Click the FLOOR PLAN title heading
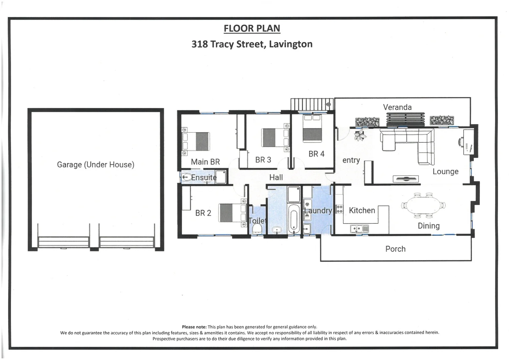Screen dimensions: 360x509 click(252, 29)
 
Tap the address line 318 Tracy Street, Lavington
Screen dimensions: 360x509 click(252, 44)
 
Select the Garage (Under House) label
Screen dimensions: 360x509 click(95, 164)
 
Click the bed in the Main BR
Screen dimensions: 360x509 click(196, 141)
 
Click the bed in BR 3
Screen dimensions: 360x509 click(275, 137)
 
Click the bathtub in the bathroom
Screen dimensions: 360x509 click(293, 218)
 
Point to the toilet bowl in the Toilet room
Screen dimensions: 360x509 click(257, 228)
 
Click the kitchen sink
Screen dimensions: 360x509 click(359, 229)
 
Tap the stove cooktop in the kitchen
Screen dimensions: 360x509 click(339, 209)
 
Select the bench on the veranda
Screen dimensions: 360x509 click(406, 120)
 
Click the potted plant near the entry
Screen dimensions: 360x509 click(360, 135)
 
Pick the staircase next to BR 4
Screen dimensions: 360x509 click(312, 104)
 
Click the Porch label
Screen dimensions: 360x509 click(395, 249)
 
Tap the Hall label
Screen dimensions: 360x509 click(276, 177)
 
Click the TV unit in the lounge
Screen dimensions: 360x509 click(406, 179)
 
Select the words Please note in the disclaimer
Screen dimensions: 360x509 click(194, 327)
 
